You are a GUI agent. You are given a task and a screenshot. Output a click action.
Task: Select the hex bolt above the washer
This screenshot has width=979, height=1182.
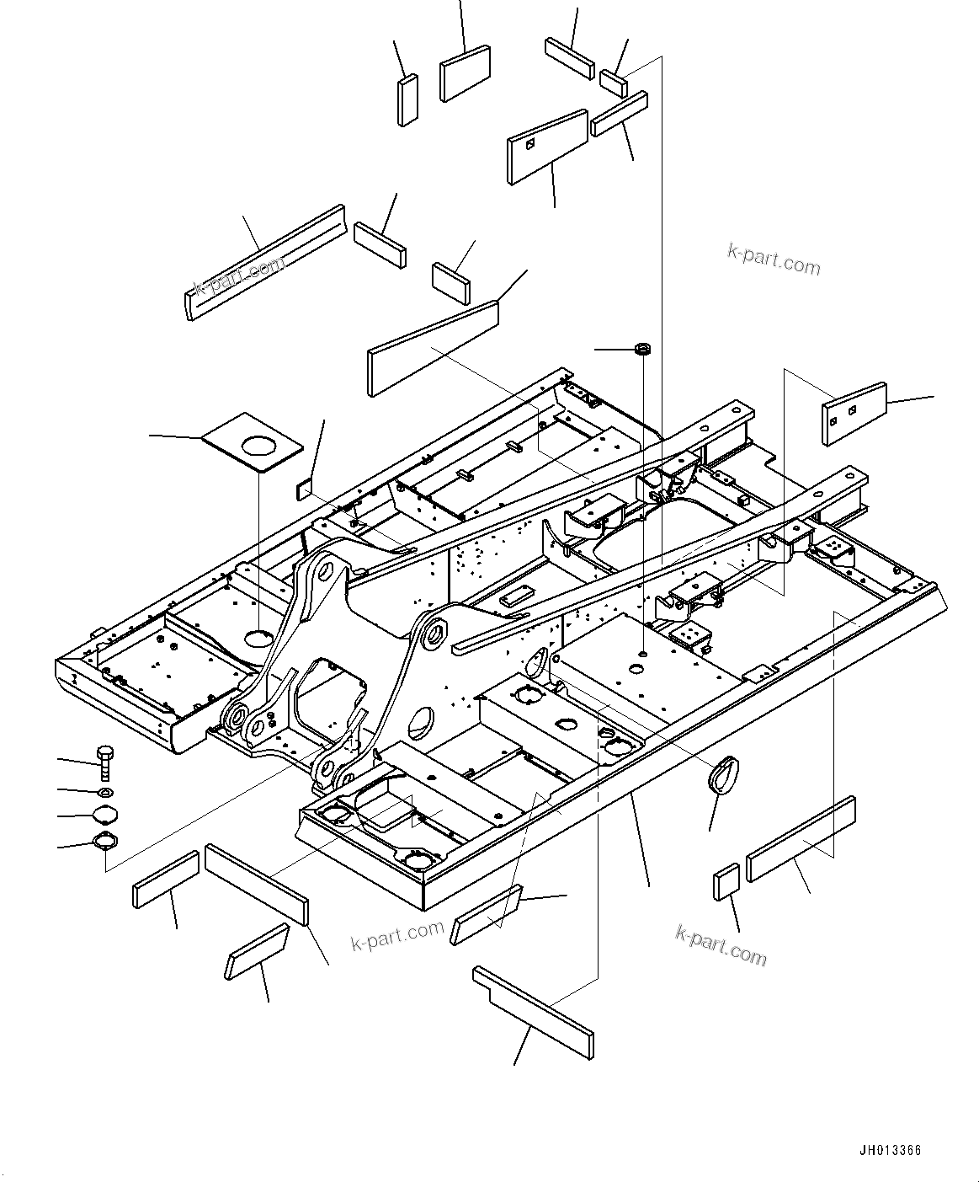[x=105, y=762]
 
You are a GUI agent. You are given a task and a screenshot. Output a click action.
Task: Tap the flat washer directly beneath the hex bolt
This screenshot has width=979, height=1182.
[x=105, y=793]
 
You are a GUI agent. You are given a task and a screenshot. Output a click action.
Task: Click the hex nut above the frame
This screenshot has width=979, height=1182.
[x=642, y=348]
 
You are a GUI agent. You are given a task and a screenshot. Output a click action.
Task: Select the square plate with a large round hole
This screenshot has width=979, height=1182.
[x=253, y=443]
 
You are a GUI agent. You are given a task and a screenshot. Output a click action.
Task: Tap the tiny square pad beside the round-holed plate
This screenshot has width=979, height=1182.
[x=303, y=489]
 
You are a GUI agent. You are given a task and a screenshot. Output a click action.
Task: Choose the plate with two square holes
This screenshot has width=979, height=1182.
[x=853, y=412]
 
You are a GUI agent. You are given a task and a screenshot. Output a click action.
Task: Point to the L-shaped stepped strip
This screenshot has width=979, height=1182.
[x=533, y=1013]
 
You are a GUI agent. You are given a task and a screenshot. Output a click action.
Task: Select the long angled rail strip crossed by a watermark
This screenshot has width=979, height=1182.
[x=265, y=262]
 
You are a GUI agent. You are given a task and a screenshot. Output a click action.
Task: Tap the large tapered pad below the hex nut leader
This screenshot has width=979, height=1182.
[x=433, y=347]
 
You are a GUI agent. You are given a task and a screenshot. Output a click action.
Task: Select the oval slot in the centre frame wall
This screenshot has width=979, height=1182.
[x=535, y=665]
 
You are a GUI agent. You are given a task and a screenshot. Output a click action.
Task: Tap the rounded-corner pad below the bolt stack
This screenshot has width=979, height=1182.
[x=257, y=951]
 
